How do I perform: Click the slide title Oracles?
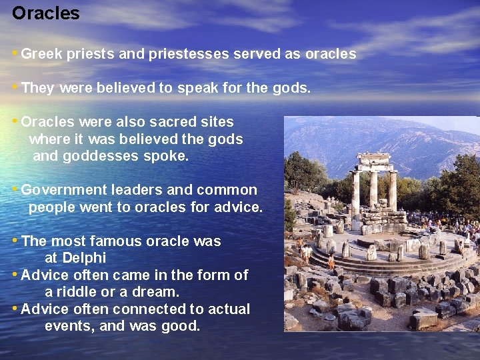point(45,13)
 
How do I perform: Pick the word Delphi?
point(84,258)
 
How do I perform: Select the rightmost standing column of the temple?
point(393,191)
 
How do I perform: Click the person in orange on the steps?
point(331,262)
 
